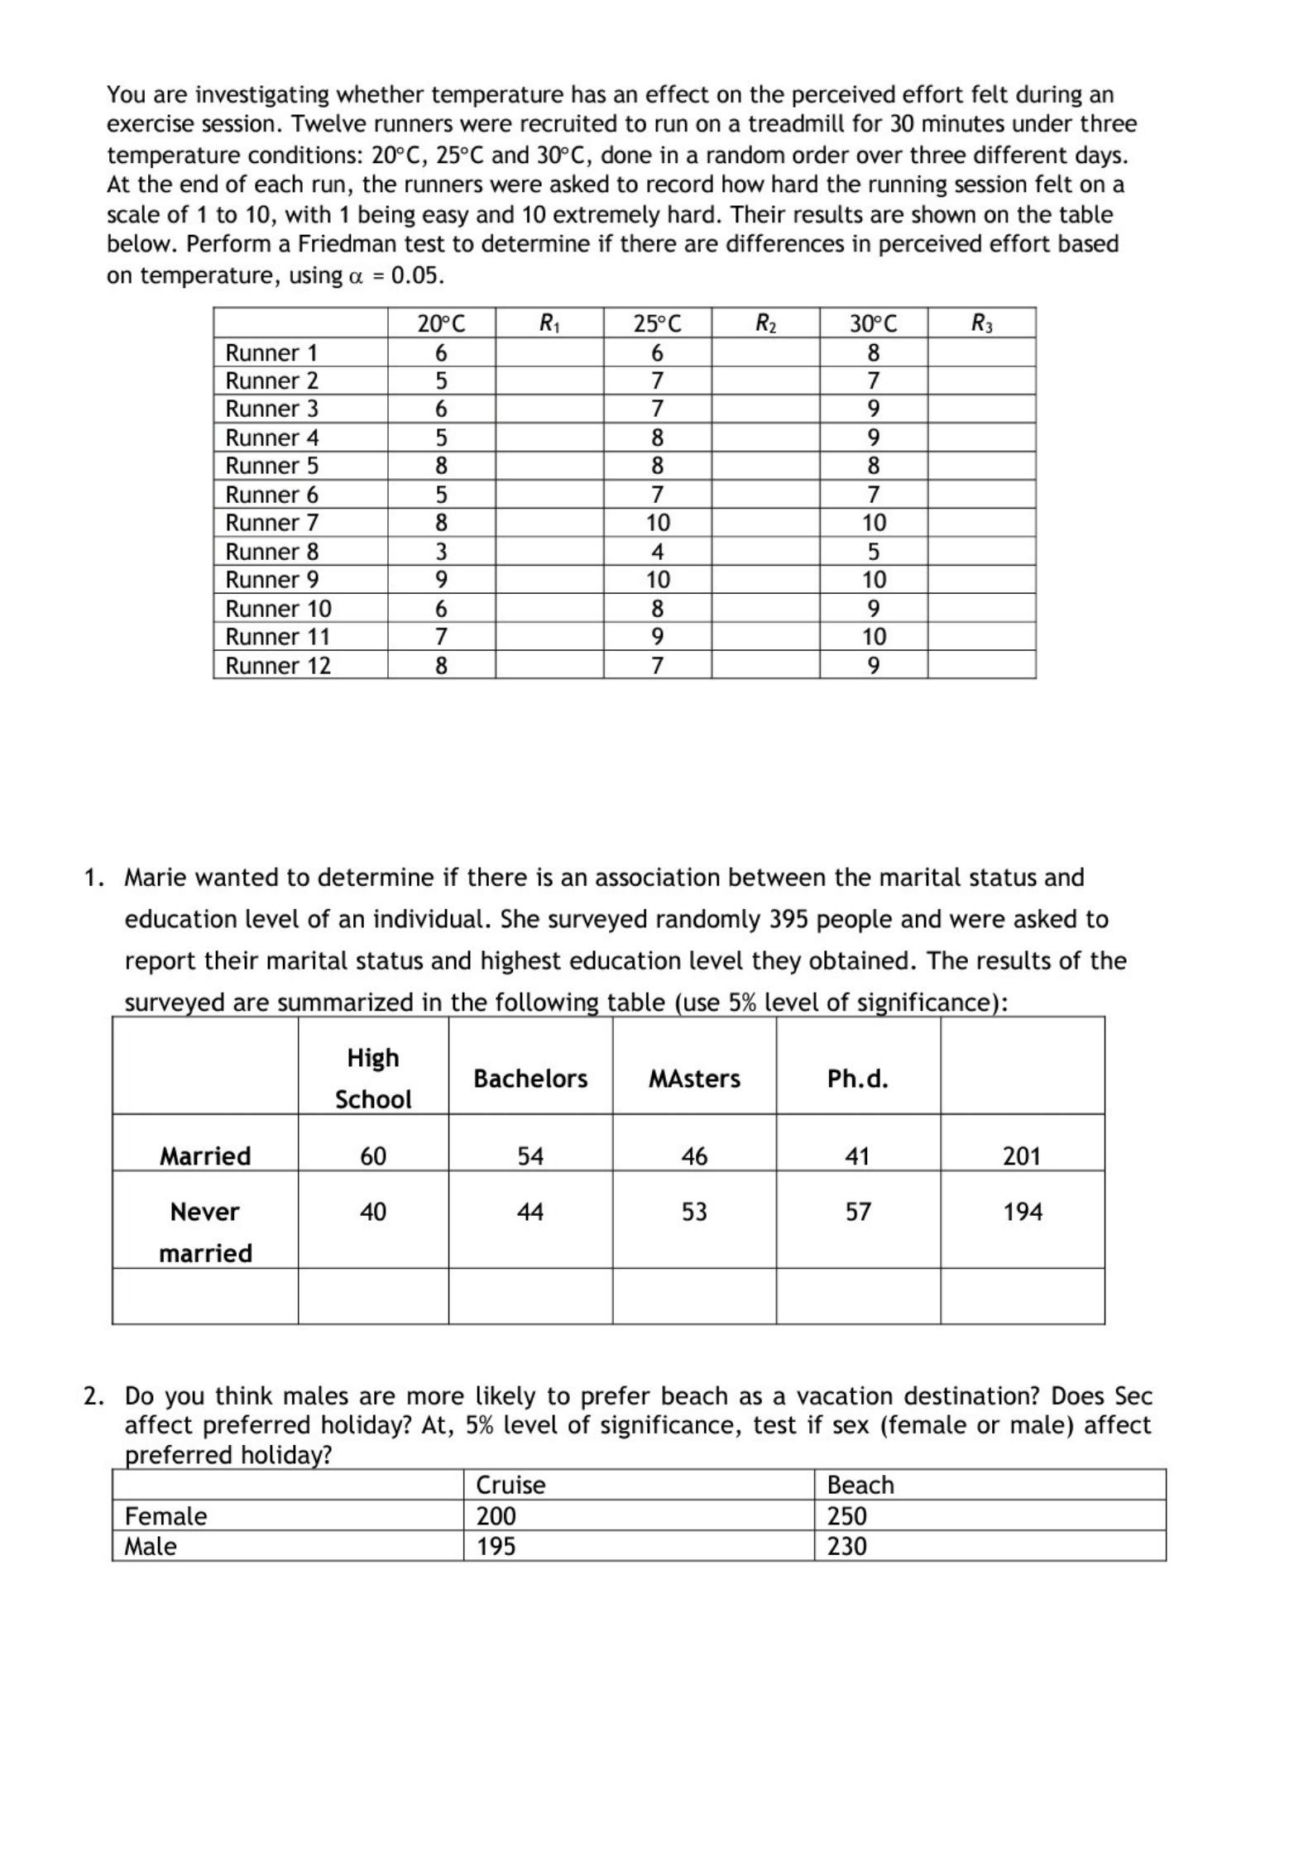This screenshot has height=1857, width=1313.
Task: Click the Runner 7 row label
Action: point(271,523)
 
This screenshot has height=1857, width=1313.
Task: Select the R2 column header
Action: point(765,323)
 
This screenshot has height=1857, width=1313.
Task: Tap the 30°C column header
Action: point(873,323)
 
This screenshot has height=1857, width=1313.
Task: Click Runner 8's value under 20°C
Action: point(441,551)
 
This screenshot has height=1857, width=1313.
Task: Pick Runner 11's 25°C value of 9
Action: point(657,636)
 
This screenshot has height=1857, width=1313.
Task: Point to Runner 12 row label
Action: point(277,665)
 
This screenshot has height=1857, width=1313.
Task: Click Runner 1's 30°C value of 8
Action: point(873,352)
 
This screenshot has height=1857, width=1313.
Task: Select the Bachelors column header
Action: point(530,1079)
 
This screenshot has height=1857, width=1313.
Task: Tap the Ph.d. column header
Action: point(857,1079)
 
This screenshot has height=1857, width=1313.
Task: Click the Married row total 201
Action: point(1022,1156)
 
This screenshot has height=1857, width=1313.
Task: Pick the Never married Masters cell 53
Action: point(694,1212)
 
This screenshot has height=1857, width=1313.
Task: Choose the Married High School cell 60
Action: point(373,1156)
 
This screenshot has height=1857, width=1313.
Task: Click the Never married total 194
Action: point(1023,1212)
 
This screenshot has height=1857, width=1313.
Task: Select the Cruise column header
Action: point(510,1485)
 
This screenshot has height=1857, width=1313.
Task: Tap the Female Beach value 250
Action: point(846,1515)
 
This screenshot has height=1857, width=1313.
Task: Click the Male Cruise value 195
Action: point(496,1546)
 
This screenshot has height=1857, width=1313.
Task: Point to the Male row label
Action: point(151,1546)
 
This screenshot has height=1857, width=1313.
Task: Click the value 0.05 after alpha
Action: point(416,275)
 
